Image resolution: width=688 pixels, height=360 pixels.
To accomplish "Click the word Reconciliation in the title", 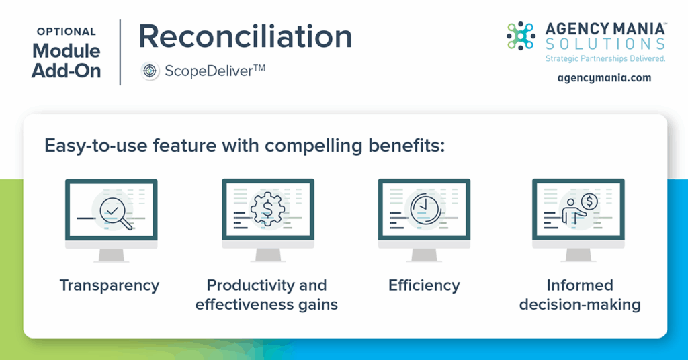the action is point(245,36).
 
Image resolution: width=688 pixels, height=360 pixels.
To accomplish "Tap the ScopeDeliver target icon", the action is point(150,71).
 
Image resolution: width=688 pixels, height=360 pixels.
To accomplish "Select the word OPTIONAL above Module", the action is point(67,32).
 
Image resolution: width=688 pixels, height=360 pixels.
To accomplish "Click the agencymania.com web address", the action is point(604,78).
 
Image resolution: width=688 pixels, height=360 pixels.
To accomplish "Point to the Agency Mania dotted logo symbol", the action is point(521,36).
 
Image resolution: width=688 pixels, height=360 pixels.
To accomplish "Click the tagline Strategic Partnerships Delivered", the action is point(605,58).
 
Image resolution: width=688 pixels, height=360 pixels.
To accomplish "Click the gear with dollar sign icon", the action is point(267,210).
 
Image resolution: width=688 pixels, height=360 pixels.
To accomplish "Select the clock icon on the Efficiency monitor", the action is point(425,208).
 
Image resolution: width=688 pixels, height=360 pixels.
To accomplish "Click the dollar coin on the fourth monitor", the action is point(589,201).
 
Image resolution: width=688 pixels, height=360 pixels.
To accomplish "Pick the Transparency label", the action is point(110,285).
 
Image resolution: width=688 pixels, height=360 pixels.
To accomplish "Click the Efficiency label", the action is point(425,285).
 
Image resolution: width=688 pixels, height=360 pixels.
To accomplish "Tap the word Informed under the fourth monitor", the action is point(580,285).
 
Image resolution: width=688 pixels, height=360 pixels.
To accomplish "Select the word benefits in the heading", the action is point(406,146).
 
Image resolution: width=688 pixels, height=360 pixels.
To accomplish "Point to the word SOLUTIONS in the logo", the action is point(605,44).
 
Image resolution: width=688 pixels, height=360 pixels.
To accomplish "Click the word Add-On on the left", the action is point(67,71).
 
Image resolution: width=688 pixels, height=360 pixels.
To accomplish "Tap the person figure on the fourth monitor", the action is point(572,214).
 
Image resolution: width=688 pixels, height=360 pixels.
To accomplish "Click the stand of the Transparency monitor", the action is point(111,255).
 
